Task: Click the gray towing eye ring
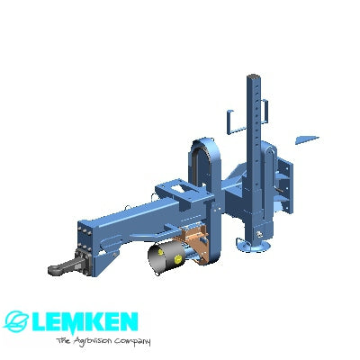[x=57, y=269]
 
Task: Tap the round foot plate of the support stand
[x=254, y=247]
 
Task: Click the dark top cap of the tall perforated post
[x=253, y=75]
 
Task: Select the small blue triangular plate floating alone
[x=307, y=140]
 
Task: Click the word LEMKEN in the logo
[x=84, y=322]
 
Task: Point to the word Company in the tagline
[x=132, y=342]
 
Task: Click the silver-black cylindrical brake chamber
[x=166, y=257]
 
